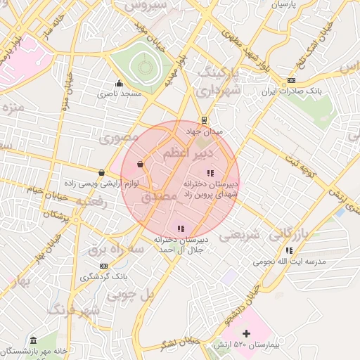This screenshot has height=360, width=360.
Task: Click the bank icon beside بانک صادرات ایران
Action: (291, 81)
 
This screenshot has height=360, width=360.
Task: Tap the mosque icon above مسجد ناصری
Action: (118, 83)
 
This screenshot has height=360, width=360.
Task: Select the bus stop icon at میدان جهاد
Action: (204, 120)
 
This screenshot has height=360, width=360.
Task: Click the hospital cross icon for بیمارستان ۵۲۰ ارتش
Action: (246, 333)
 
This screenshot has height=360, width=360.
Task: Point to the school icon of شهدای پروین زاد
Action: (210, 173)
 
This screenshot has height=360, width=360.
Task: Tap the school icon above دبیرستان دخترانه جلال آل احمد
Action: (181, 229)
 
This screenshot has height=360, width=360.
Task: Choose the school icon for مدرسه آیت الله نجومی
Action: (289, 250)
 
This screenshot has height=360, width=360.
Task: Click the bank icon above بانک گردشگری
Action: (104, 266)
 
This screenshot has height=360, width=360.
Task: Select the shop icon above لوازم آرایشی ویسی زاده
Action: (101, 172)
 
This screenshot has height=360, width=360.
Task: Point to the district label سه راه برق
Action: (116, 250)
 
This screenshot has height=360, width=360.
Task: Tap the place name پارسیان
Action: (284, 4)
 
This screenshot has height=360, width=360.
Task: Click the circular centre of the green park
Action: (145, 67)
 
